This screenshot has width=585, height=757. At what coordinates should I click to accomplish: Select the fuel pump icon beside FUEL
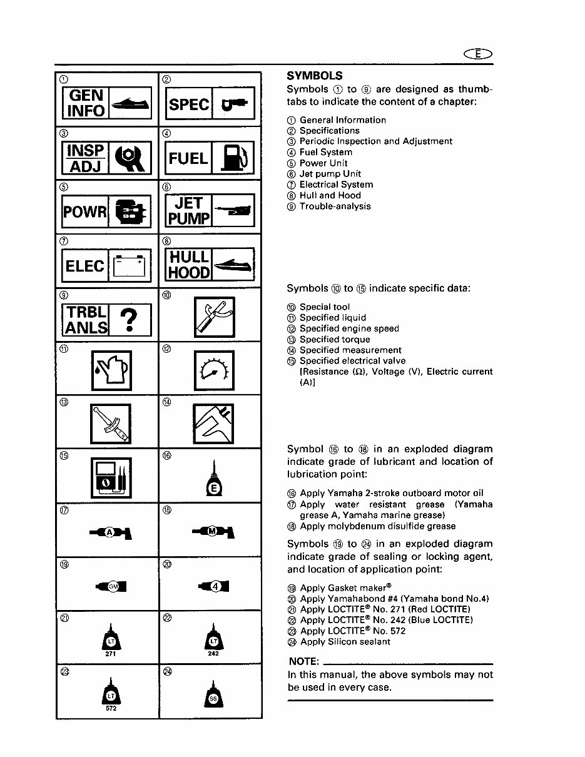233,158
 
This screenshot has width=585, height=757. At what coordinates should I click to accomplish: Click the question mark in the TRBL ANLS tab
130,320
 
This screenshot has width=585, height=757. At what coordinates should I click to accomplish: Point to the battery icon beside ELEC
130,266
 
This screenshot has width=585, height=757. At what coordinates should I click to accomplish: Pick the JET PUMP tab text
189,211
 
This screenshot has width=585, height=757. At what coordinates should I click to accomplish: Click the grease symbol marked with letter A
110,532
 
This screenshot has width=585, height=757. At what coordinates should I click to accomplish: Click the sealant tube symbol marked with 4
213,586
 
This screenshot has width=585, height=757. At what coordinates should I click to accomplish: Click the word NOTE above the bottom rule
304,662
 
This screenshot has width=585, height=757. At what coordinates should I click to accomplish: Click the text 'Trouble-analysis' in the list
335,206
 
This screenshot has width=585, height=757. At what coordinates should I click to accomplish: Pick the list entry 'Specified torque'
335,340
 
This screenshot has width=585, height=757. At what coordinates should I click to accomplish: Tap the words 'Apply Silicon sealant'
345,642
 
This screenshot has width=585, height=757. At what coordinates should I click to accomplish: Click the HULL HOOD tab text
189,265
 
